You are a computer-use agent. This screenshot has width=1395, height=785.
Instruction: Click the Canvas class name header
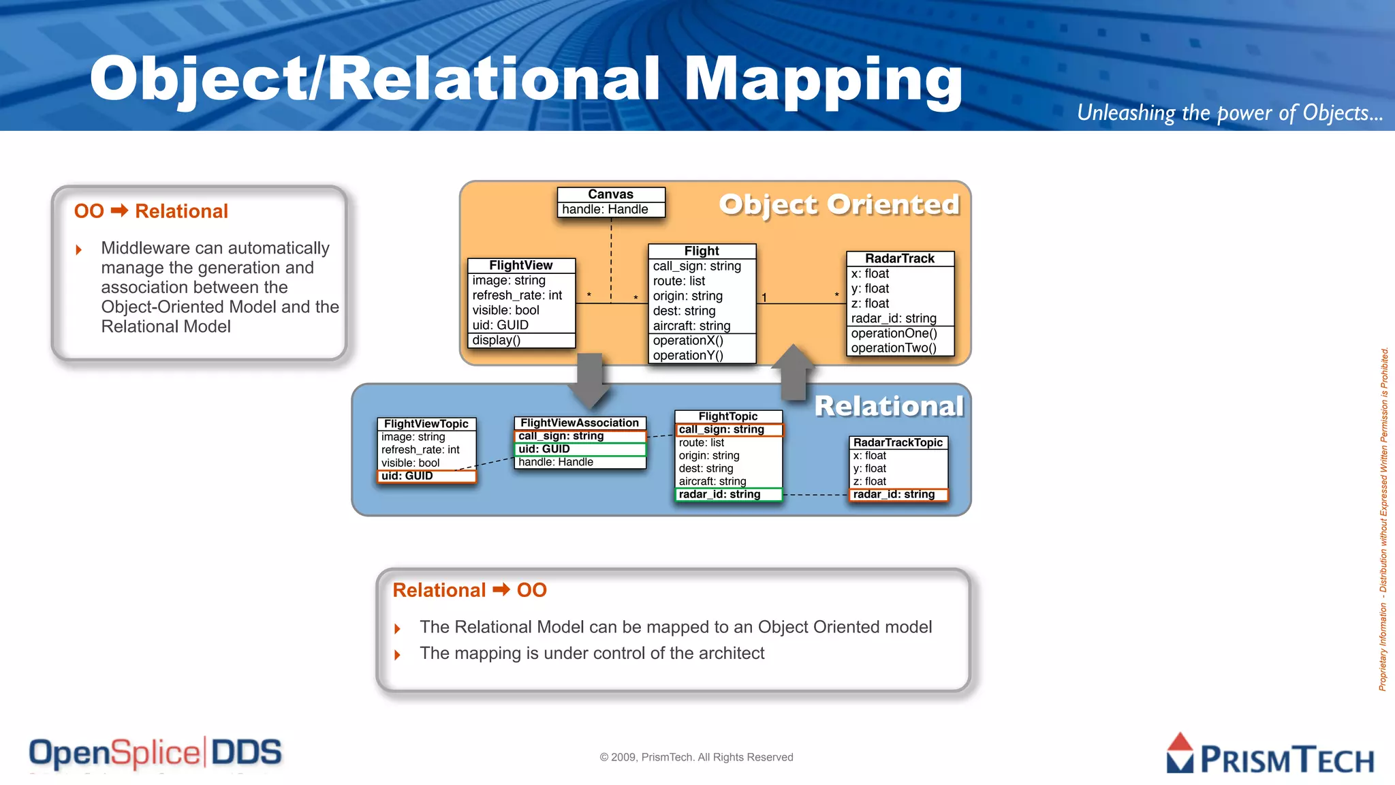[x=610, y=194]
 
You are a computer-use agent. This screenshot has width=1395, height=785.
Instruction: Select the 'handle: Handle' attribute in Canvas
[x=605, y=209]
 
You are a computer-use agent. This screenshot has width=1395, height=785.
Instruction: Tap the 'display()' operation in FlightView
[x=496, y=340]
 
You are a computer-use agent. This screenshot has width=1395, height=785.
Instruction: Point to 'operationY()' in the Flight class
[x=688, y=355]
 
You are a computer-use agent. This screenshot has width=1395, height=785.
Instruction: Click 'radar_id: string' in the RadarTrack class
[x=894, y=318]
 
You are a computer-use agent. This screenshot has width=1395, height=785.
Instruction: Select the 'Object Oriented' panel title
[x=839, y=204]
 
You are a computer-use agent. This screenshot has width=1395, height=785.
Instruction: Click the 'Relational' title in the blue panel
[x=889, y=406]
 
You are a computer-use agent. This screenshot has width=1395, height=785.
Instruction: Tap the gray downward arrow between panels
[x=589, y=380]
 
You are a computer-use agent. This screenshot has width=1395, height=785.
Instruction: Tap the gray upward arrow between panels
[x=794, y=371]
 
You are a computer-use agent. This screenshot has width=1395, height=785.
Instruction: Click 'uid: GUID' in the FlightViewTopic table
[x=407, y=476]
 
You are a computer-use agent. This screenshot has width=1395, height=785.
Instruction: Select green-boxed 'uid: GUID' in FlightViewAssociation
[x=544, y=448]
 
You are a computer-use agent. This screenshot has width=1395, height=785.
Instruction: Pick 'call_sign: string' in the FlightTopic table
[x=721, y=429]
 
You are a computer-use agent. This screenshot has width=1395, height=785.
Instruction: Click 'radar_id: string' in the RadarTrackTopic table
[x=894, y=494]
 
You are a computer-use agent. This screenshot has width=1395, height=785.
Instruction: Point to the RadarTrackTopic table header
[x=898, y=442]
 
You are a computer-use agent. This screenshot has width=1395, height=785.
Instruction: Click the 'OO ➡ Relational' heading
[x=151, y=211]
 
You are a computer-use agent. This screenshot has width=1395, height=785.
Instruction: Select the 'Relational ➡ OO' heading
[x=469, y=590]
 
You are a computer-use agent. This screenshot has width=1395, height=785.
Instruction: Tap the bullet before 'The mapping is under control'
[x=397, y=655]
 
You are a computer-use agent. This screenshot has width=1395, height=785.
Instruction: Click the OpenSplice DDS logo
[x=155, y=753]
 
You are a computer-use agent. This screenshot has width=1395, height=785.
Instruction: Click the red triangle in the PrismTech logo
[x=1180, y=743]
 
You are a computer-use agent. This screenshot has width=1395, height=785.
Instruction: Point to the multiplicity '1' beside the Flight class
[x=764, y=298]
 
